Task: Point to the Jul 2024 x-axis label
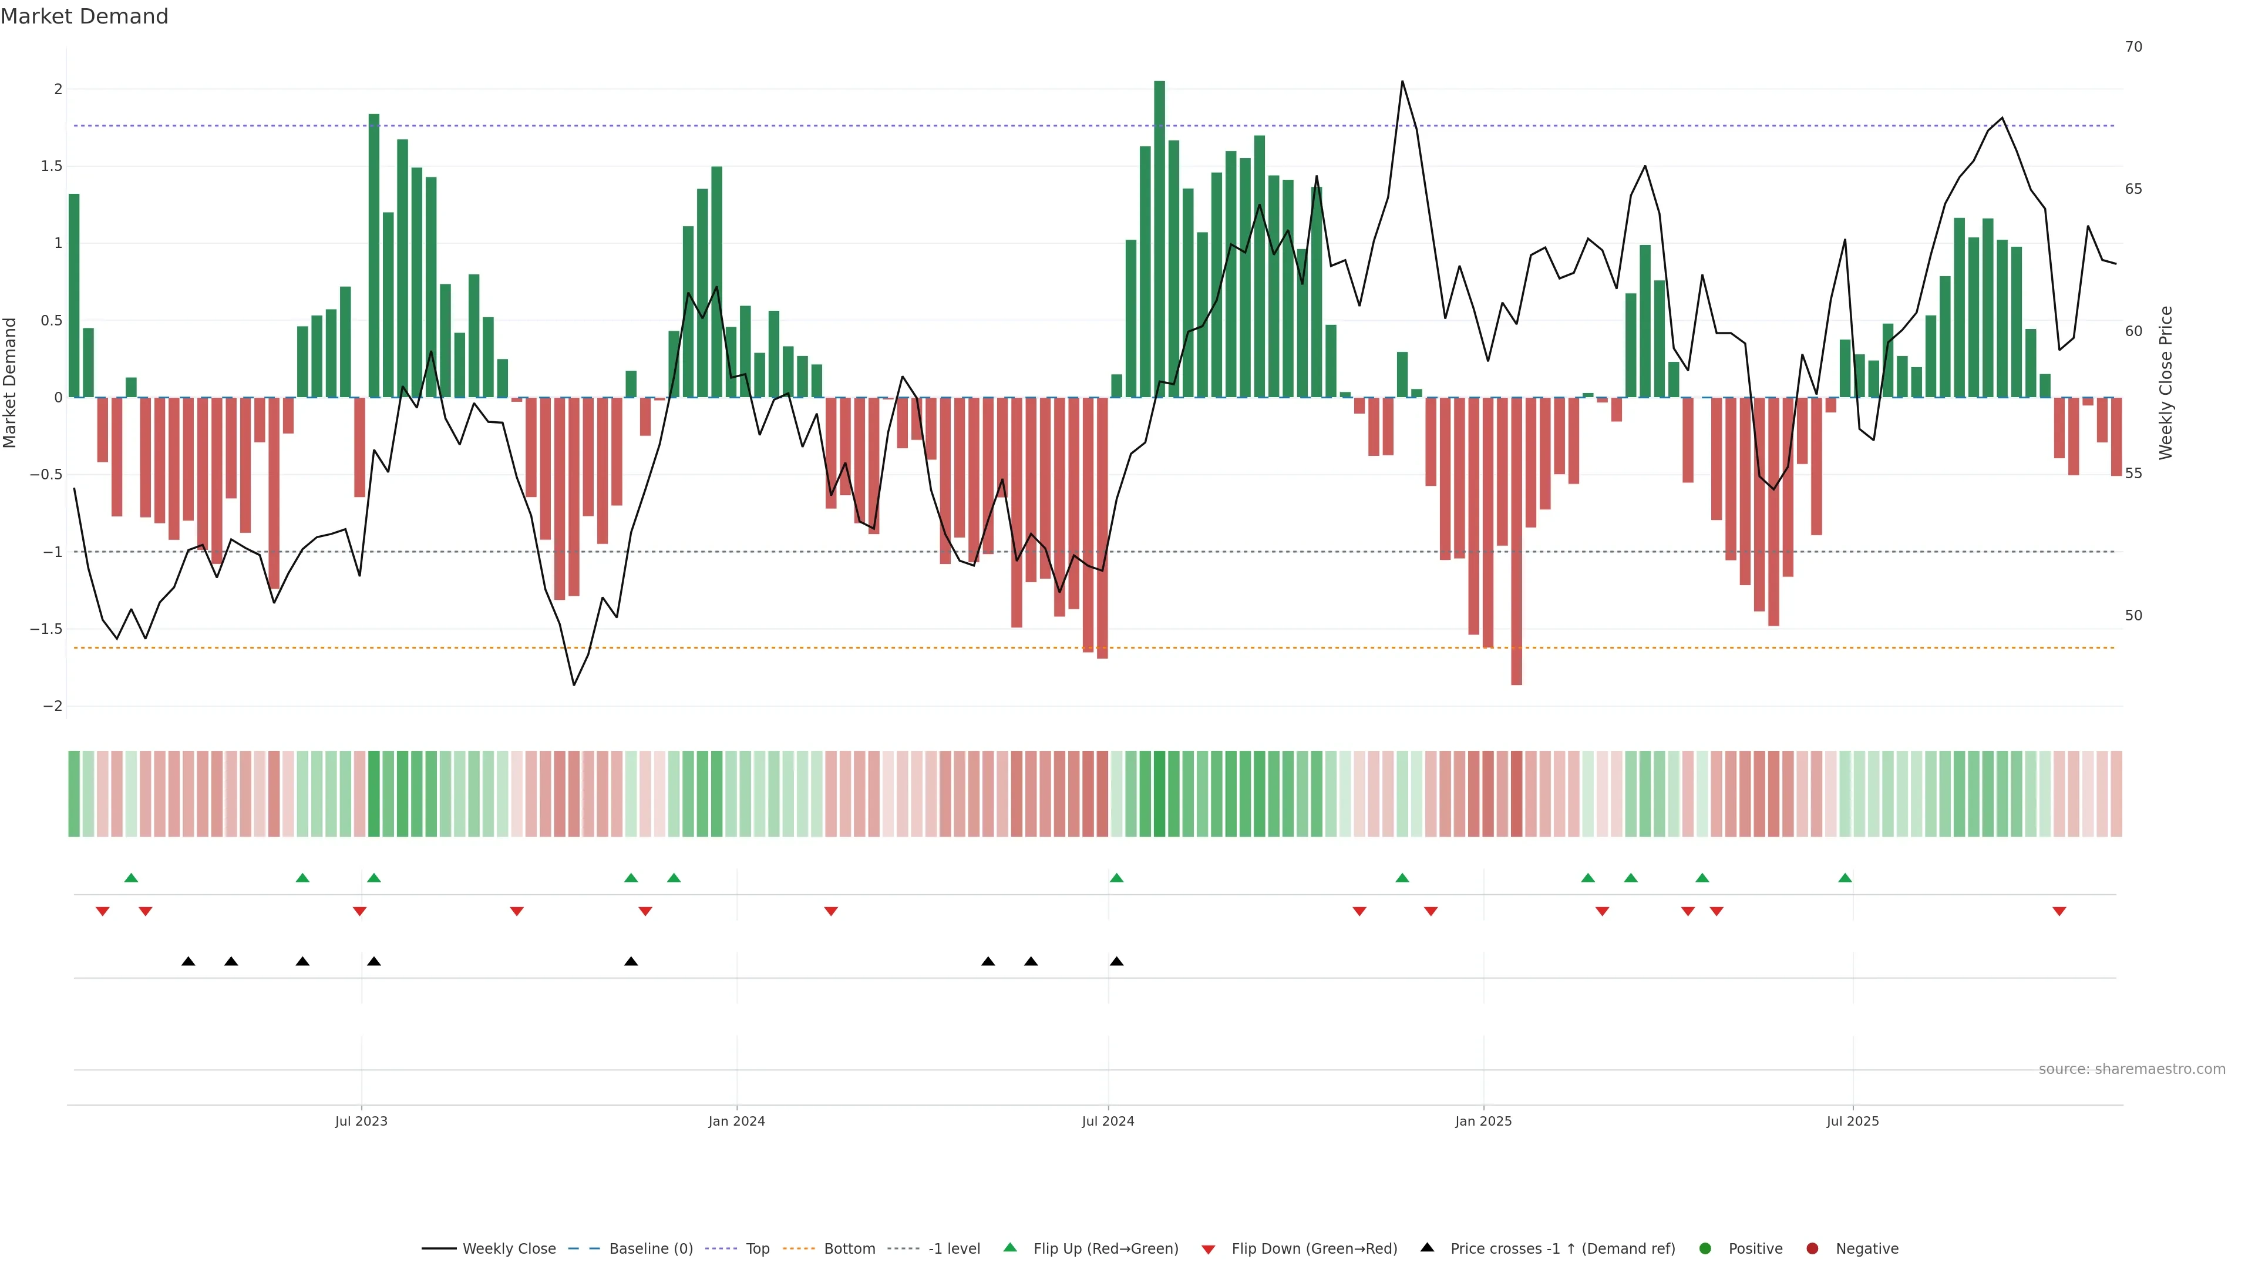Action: (x=1108, y=1121)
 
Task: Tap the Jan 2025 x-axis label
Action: (x=1483, y=1121)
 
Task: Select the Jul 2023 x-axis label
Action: (x=361, y=1121)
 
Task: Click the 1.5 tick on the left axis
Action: (x=52, y=166)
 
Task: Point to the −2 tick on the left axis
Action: (x=52, y=706)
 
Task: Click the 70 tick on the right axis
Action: (x=2133, y=46)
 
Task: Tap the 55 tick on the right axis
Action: (x=2133, y=474)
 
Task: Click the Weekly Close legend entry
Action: (x=509, y=1249)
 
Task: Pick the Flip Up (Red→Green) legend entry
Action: (x=1105, y=1249)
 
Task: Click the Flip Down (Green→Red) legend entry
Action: (x=1313, y=1249)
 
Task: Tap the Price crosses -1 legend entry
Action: (x=1561, y=1249)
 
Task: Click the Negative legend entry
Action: (x=1866, y=1249)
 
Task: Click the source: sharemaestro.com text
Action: (x=2132, y=1069)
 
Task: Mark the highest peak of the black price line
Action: (x=1402, y=82)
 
